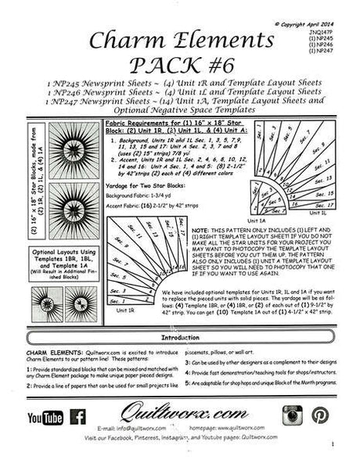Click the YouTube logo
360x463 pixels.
pos(46,418)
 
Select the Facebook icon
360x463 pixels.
pos(79,418)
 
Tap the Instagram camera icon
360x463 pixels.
pos(293,417)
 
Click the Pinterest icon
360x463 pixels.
pos(321,417)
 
